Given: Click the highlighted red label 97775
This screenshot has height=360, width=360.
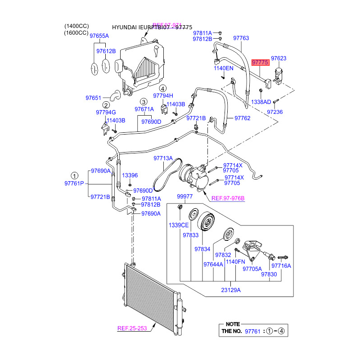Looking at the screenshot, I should (261, 63).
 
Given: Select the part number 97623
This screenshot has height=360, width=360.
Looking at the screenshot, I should (278, 58).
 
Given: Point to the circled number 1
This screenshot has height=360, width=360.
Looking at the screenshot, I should (74, 175).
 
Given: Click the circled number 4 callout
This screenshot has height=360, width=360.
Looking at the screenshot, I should (162, 88).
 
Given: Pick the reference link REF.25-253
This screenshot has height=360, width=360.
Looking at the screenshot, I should (133, 328).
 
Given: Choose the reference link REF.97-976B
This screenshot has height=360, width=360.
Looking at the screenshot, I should (228, 198).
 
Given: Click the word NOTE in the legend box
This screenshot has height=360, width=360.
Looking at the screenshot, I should (233, 324).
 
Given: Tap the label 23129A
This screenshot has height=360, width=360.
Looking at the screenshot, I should (230, 290).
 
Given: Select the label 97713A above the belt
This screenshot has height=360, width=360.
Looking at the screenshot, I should (163, 158).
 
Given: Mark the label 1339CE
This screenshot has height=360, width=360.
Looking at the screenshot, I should (178, 225).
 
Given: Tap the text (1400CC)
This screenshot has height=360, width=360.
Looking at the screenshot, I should (76, 27).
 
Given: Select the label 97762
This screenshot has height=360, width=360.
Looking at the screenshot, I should (242, 118).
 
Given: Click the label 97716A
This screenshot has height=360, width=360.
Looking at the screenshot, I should (282, 266).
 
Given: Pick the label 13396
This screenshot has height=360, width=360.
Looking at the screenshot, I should (130, 175).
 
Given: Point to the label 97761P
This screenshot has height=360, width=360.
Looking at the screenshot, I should (74, 184).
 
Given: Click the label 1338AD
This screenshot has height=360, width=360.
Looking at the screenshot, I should (261, 102).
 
